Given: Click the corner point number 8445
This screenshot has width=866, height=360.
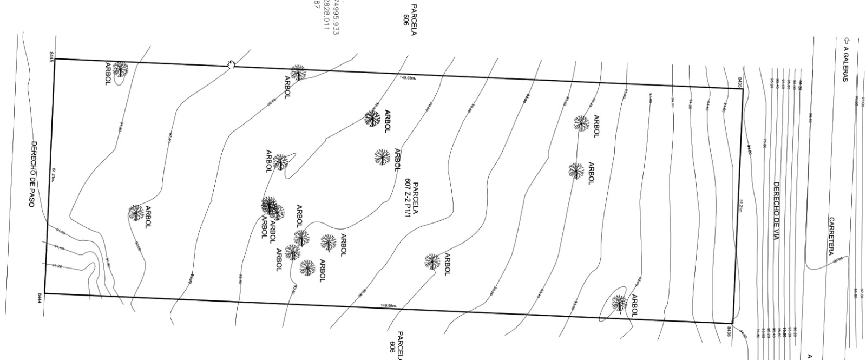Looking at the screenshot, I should point(52,56).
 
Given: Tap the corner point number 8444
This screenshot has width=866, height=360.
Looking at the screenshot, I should point(40,298).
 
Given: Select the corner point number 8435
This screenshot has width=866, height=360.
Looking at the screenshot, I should point(739,82).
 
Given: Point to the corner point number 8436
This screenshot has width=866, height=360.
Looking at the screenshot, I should point(730,331).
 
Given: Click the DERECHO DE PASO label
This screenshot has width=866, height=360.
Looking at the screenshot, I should point(33,174).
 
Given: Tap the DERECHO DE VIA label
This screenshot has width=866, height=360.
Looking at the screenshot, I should point(776,211).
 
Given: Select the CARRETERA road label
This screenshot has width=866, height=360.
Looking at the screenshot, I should point(831,236).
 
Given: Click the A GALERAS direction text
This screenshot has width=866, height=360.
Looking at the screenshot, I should point(845,63).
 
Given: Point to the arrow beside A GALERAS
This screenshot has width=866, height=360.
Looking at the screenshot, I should point(846,40).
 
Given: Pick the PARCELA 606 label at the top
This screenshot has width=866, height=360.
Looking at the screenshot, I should point(410,20).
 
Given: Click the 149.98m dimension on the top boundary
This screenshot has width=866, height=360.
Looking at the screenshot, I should point(408,78).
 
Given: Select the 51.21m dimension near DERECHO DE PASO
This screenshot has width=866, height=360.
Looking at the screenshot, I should point(53,174).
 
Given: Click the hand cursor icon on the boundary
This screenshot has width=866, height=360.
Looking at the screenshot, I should point(231,65).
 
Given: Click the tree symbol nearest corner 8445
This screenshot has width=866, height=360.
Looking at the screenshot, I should point(120,69).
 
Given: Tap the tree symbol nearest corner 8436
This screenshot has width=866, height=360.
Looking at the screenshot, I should point(619,303).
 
